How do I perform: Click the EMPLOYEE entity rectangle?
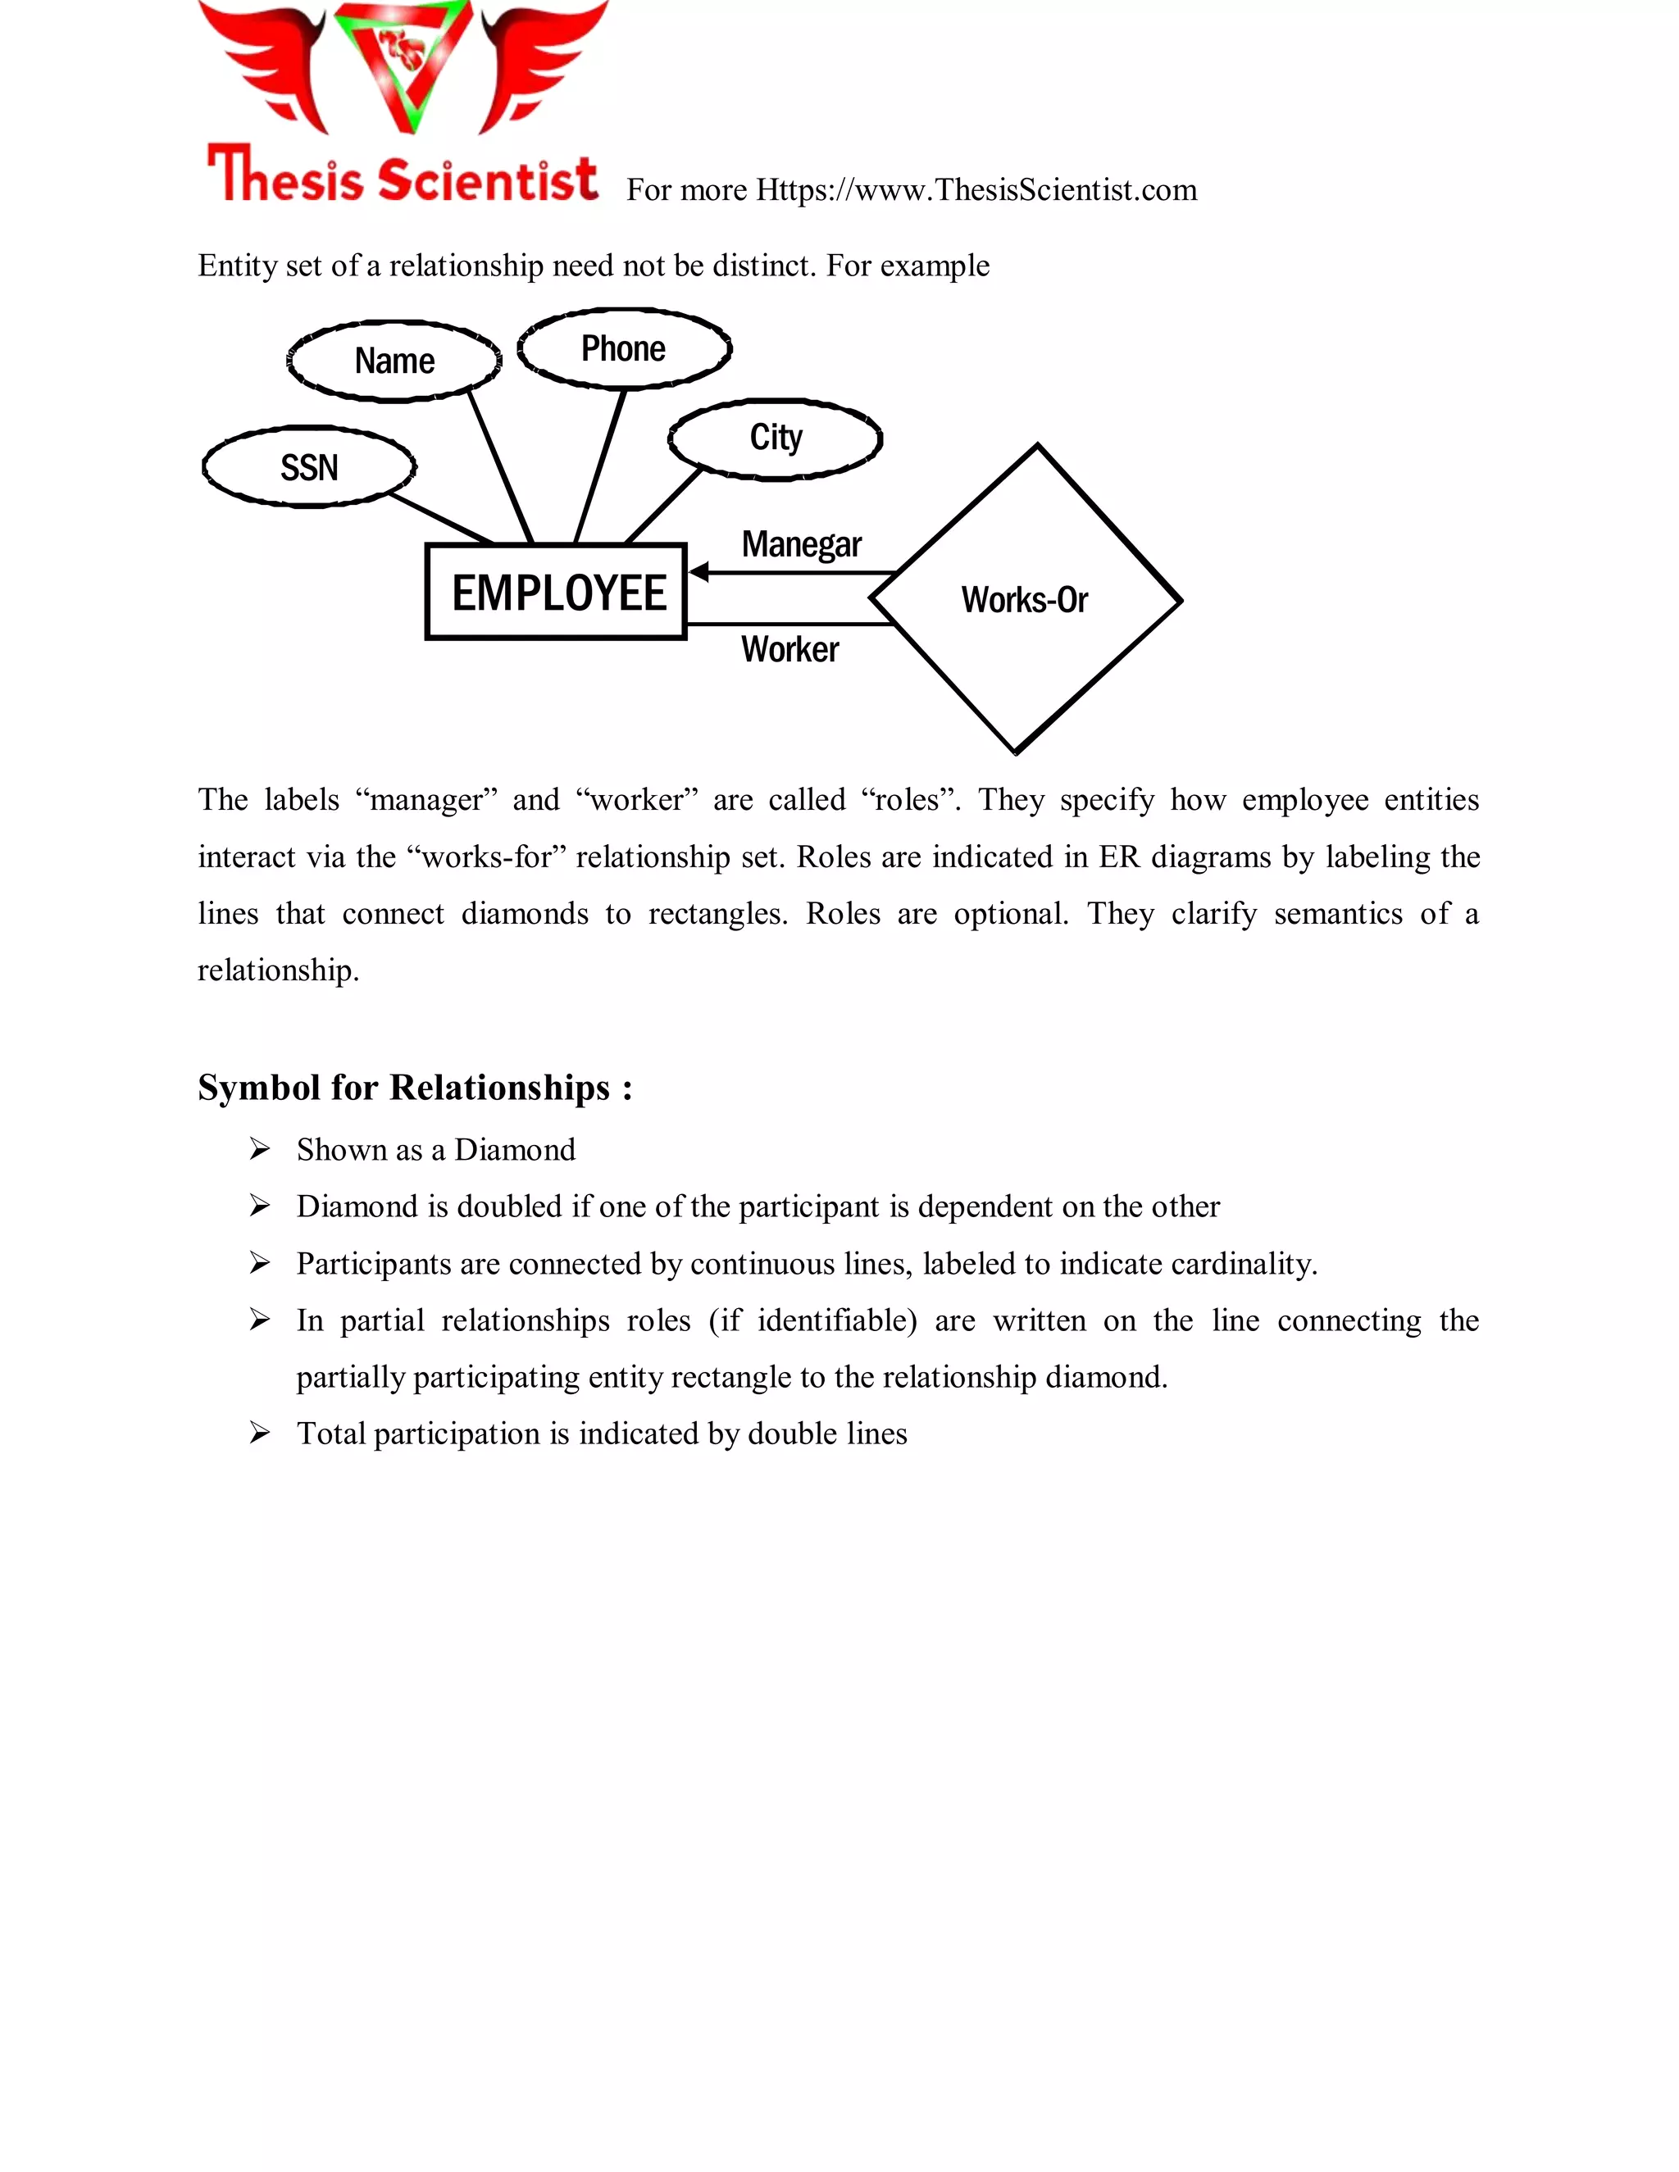(556, 592)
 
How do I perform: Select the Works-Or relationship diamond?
(1025, 600)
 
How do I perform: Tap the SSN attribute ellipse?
(309, 466)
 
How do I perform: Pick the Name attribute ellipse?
(395, 361)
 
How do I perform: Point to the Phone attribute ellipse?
(624, 349)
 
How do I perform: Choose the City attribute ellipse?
(776, 438)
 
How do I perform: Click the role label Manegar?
(801, 545)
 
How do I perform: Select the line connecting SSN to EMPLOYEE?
(439, 518)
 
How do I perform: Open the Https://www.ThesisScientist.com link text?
(976, 190)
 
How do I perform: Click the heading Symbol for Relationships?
(415, 1087)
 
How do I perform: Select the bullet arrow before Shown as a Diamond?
(260, 1150)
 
